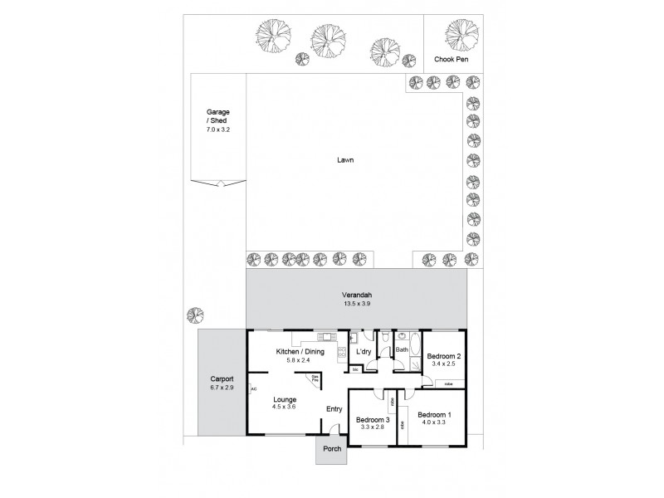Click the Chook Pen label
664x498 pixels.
(453, 60)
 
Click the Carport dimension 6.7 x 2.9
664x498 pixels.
(221, 388)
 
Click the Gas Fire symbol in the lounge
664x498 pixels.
(315, 378)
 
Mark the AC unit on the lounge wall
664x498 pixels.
(253, 388)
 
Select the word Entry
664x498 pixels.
(334, 408)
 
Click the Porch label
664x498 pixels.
(331, 452)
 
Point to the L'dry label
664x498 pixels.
(364, 352)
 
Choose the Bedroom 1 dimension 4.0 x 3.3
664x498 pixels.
(434, 422)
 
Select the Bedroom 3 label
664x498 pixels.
(373, 419)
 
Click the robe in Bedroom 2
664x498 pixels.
(447, 383)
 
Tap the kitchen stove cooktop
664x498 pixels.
(339, 354)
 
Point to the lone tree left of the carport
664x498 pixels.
(194, 315)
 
